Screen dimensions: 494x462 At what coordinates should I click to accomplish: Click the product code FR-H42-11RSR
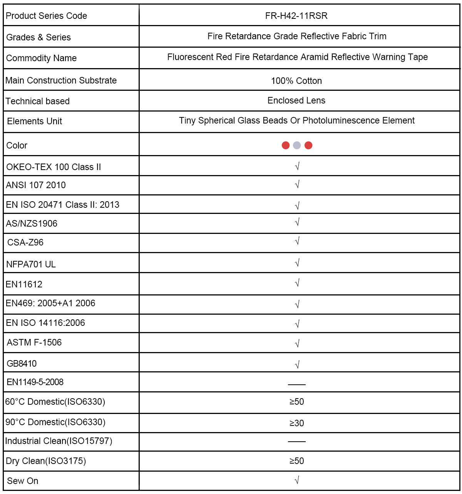point(296,16)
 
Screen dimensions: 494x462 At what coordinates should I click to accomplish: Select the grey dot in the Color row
point(297,145)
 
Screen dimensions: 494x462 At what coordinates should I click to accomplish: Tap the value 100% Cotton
point(296,81)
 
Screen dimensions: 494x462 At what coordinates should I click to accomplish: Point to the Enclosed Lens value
point(296,100)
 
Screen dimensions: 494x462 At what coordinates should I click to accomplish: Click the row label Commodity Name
point(41,58)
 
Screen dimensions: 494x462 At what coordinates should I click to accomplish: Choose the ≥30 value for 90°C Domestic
point(296,423)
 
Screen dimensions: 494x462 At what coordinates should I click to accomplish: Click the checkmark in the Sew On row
point(297,480)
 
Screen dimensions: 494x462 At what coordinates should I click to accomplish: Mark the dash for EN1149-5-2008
point(296,384)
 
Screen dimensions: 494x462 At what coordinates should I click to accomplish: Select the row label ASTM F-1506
point(34,342)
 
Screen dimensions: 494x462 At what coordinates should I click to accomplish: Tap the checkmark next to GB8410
point(297,364)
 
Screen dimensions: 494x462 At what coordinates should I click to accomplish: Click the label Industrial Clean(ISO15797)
point(59,441)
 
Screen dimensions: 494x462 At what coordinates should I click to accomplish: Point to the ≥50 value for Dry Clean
point(296,461)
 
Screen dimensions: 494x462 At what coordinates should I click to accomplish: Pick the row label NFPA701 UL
point(31,264)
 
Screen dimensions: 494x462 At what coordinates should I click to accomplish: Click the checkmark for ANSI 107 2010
point(297,185)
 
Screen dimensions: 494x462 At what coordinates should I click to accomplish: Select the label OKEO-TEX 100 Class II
point(54,167)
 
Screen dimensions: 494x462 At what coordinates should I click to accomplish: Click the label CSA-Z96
point(25,242)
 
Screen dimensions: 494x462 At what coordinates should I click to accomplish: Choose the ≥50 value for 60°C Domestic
point(296,402)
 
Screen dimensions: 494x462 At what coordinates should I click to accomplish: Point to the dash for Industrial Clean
point(296,441)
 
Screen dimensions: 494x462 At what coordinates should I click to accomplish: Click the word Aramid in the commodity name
point(315,57)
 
